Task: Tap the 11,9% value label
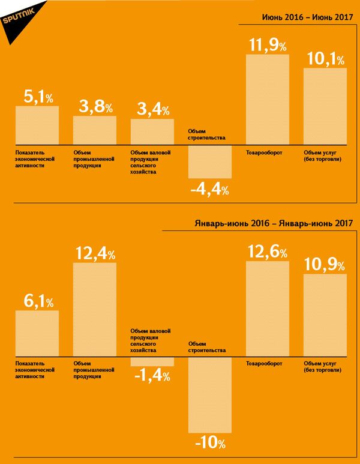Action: coord(267,45)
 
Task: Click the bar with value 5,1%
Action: coord(37,125)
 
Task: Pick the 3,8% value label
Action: coord(95,107)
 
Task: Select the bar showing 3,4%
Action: coord(152,132)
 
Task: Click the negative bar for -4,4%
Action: coord(209,161)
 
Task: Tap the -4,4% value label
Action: coord(209,190)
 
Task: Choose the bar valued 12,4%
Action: coord(95,310)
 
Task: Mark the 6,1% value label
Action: coord(37,300)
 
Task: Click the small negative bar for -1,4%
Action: coord(152,362)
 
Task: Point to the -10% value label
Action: coord(210,444)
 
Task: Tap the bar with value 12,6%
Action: coord(267,309)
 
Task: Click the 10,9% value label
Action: coord(325,264)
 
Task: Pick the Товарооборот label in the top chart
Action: coord(264,153)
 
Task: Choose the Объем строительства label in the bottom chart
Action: coord(206,346)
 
